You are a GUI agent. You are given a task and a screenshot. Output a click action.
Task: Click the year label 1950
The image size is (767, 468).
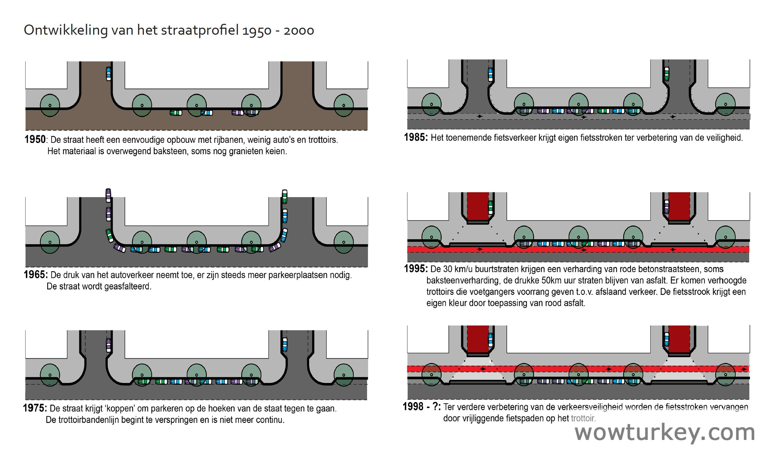click(x=35, y=139)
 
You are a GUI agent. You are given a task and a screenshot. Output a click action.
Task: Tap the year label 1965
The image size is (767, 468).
click(x=35, y=274)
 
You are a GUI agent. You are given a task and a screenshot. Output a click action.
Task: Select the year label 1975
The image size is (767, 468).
click(x=35, y=408)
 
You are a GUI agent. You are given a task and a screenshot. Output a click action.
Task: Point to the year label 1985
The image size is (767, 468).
click(x=415, y=137)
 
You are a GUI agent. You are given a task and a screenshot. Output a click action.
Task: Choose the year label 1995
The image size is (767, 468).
click(x=415, y=269)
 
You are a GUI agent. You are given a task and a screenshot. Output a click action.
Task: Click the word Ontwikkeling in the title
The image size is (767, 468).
click(x=66, y=30)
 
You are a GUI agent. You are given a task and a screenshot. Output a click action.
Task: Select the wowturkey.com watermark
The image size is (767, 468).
click(x=664, y=433)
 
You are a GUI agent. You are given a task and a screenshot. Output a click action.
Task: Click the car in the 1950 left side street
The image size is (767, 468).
click(x=108, y=74)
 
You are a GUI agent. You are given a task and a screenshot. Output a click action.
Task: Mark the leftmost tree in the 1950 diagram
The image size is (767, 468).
click(x=50, y=105)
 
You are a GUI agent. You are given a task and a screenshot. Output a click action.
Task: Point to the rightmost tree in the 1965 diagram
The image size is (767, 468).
click(x=344, y=242)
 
